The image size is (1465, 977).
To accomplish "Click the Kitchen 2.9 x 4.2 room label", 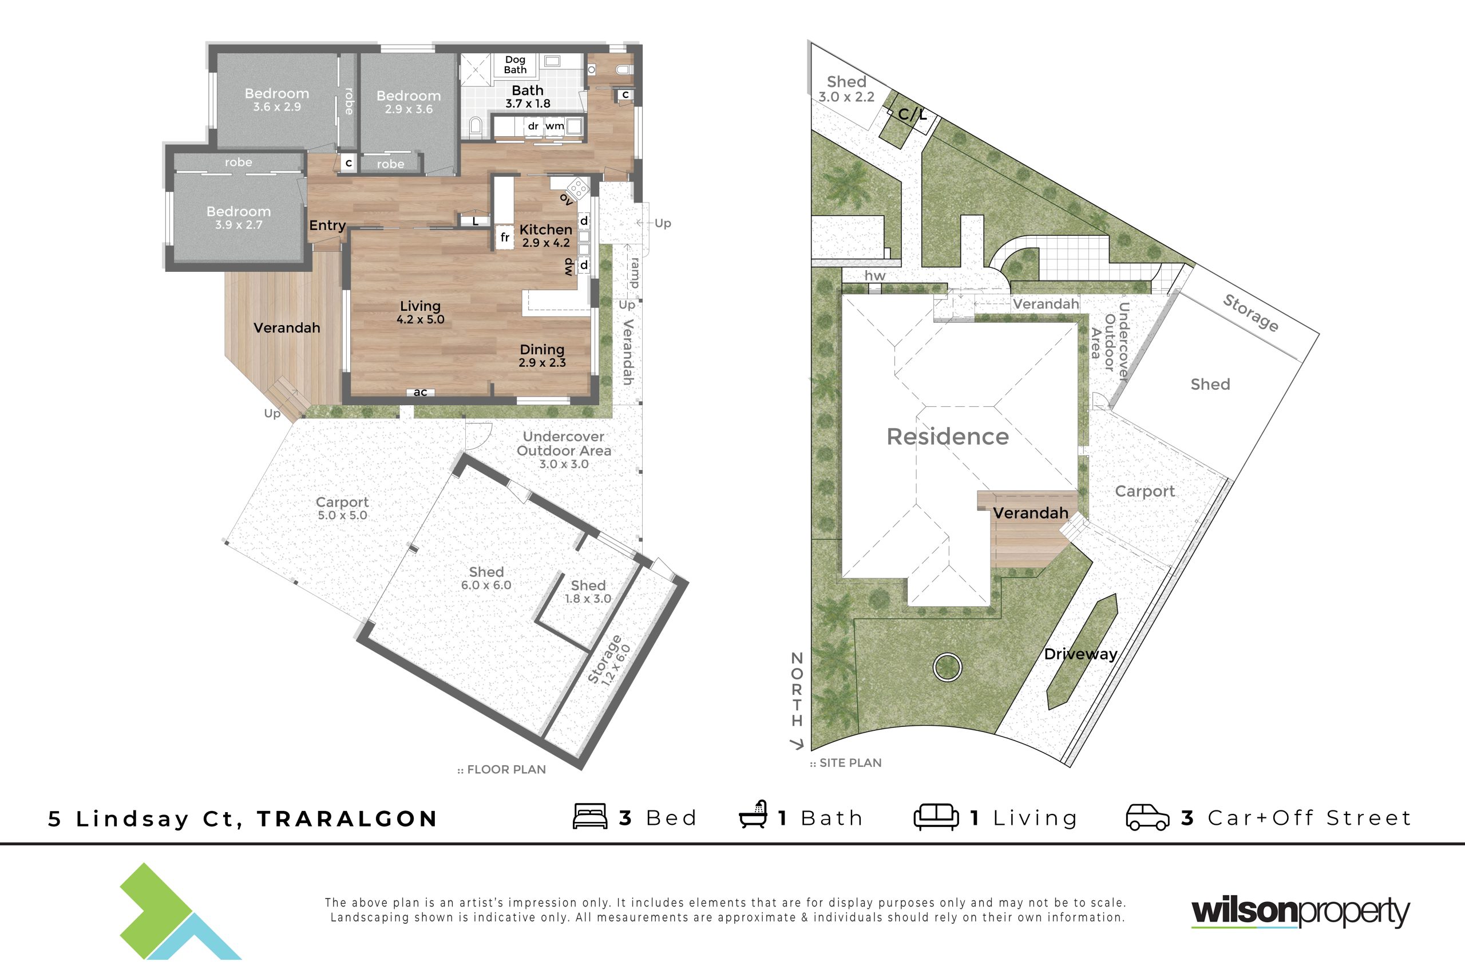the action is [x=545, y=236].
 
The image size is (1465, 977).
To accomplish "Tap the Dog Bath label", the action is [x=515, y=65].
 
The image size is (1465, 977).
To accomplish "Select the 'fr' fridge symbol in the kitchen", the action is [x=505, y=238].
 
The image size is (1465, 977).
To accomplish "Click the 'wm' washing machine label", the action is [x=555, y=126].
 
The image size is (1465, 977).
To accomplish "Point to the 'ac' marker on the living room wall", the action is [x=421, y=392].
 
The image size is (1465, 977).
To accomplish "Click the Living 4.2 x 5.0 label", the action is [x=421, y=312].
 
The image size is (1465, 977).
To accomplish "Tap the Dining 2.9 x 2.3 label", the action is [x=542, y=356].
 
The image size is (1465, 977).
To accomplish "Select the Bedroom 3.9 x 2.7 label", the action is [x=239, y=217].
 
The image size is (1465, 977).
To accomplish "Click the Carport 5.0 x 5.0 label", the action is [x=342, y=508].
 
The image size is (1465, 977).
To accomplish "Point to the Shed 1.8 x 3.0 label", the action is [x=588, y=591].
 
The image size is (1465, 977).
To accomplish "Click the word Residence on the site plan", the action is [x=948, y=437].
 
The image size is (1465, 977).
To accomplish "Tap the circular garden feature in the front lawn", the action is [x=947, y=667].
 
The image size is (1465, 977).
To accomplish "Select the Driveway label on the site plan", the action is [x=1080, y=654].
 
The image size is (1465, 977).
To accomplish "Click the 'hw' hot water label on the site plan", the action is [x=874, y=275].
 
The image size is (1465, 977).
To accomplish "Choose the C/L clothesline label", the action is [x=913, y=114].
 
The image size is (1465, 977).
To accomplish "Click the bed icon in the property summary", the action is [x=590, y=816].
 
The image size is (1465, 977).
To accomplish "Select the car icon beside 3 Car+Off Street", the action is [x=1147, y=817].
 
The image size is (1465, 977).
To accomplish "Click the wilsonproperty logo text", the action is [x=1301, y=912].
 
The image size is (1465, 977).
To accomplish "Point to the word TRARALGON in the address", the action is [x=347, y=818].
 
